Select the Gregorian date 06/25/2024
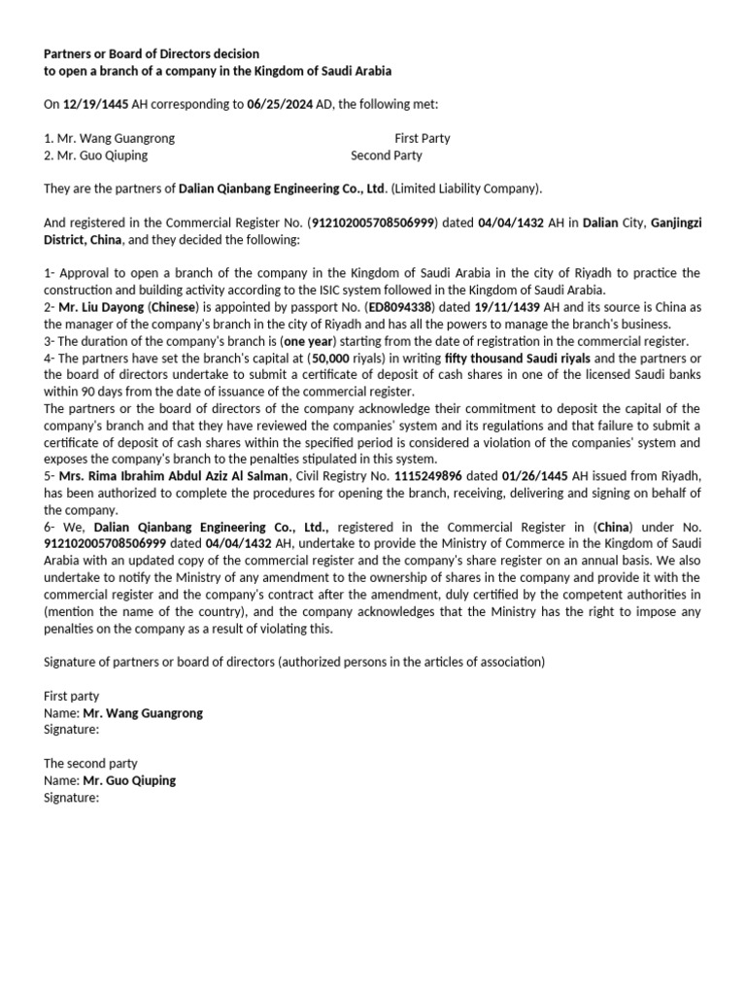282,105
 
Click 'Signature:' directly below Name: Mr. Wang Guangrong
72,729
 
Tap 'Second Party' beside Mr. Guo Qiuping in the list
387,155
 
